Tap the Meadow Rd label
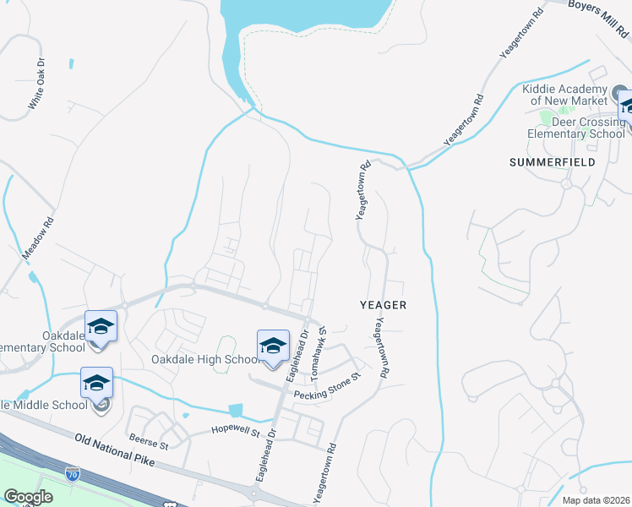38,239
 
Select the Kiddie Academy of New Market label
565,95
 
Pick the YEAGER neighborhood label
384,305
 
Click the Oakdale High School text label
204,359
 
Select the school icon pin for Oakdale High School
273,346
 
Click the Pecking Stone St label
327,384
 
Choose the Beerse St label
149,441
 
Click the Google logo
28,498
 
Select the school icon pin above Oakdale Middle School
96,384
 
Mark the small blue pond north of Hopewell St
236,410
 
